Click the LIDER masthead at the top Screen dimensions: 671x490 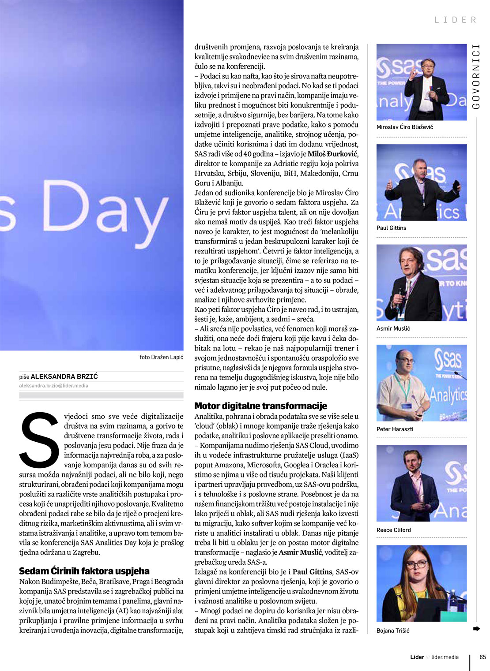pos(456,20)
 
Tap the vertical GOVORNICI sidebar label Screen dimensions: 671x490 pos(476,76)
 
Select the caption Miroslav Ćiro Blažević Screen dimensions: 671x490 pos(404,127)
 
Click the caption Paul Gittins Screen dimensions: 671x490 pos(391,228)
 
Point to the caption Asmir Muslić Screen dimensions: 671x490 pos(393,328)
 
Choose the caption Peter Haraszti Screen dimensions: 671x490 pos(395,429)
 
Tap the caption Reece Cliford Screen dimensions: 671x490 pos(393,530)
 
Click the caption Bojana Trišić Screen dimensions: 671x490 pos(392,630)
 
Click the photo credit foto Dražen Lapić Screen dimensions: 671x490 pos(161,357)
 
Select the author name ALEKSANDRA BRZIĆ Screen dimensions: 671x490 pos(64,377)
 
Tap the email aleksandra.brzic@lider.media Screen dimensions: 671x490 pos(53,386)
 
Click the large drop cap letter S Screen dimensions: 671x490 pos(40,440)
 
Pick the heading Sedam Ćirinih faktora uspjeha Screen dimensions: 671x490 pos(84,571)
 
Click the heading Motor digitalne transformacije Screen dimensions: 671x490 pos(260,406)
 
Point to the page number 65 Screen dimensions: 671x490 pos(482,657)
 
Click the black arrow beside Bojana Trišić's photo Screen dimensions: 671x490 pos(476,629)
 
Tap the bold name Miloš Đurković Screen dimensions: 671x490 pos(333,154)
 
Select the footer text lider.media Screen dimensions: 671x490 pos(445,657)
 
